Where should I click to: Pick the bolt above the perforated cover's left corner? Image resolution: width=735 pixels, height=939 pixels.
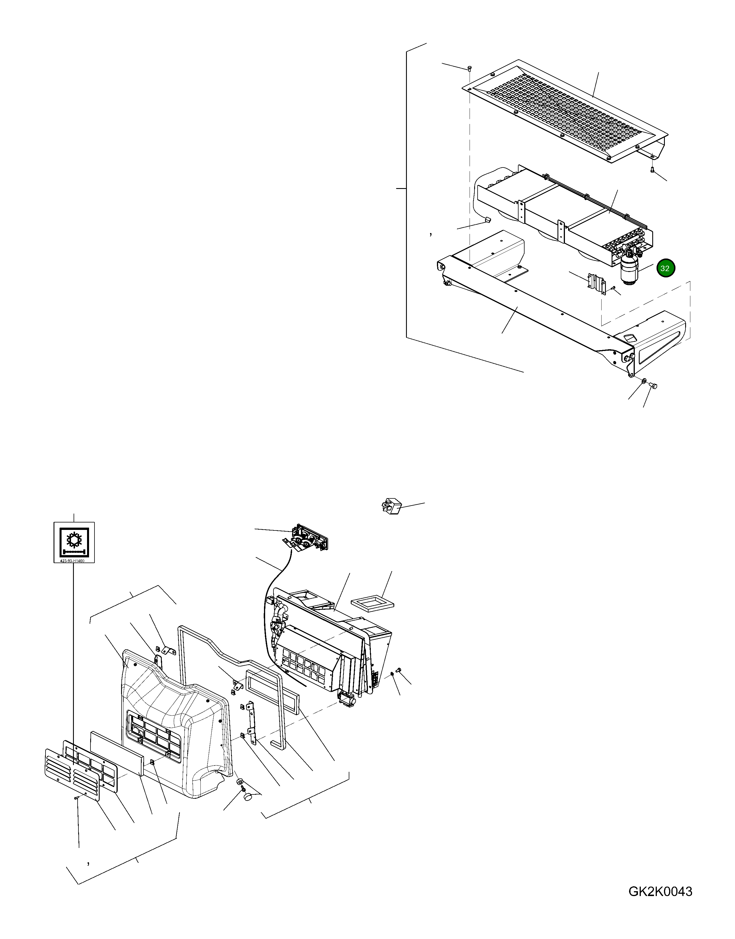(x=470, y=68)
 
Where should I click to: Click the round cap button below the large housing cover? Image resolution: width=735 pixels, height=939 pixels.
(x=248, y=797)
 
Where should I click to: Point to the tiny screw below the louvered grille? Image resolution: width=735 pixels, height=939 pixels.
(x=76, y=797)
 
